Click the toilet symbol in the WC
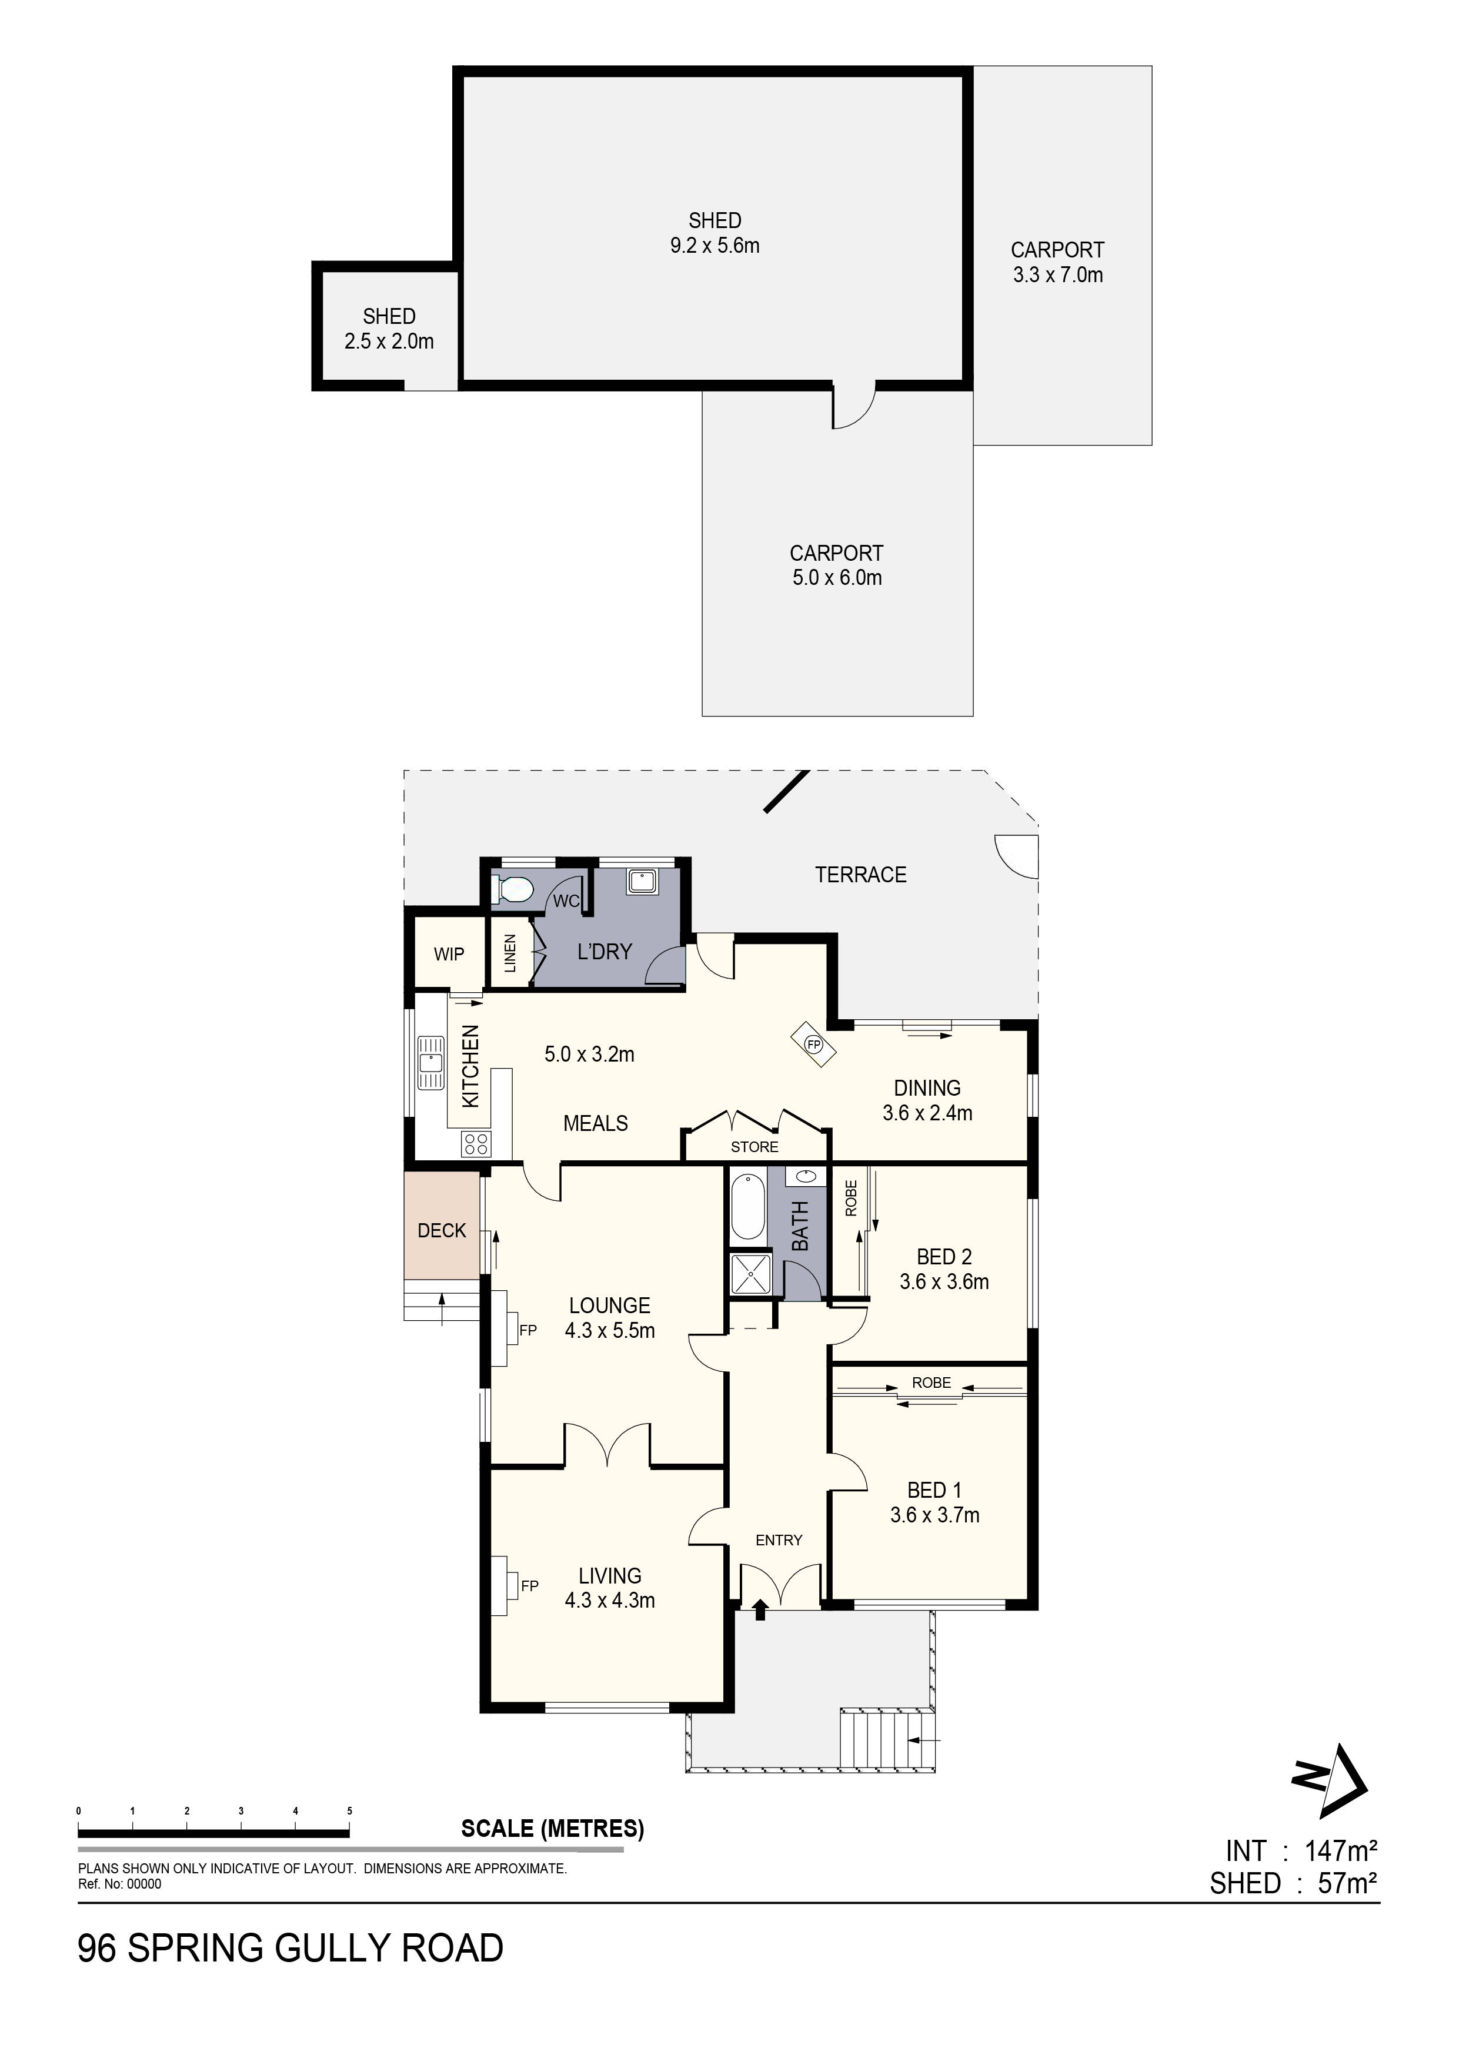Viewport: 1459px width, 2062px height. click(x=514, y=890)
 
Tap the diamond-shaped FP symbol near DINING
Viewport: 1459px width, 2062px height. click(x=813, y=1045)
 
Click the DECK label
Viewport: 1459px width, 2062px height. click(x=442, y=1230)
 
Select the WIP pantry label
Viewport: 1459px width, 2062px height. click(x=449, y=954)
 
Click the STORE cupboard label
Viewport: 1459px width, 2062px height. click(x=754, y=1147)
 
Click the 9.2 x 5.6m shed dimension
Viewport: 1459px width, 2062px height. click(x=715, y=245)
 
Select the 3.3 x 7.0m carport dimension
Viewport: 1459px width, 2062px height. click(x=1057, y=275)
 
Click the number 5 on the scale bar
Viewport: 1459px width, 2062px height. click(x=349, y=1812)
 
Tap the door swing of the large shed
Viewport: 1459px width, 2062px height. click(x=853, y=407)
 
